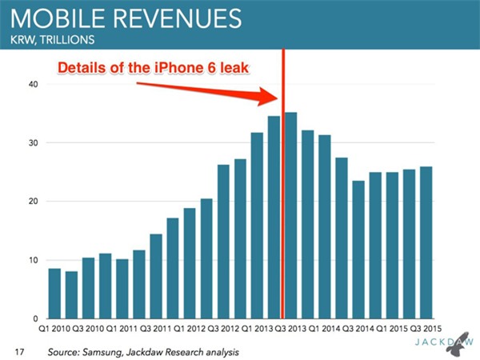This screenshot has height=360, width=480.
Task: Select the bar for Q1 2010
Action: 54,294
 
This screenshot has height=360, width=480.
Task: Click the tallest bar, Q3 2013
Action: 291,216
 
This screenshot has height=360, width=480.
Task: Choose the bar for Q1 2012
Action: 190,264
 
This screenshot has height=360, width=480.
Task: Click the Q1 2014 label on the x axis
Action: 324,329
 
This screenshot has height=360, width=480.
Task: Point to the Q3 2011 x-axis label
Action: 156,329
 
